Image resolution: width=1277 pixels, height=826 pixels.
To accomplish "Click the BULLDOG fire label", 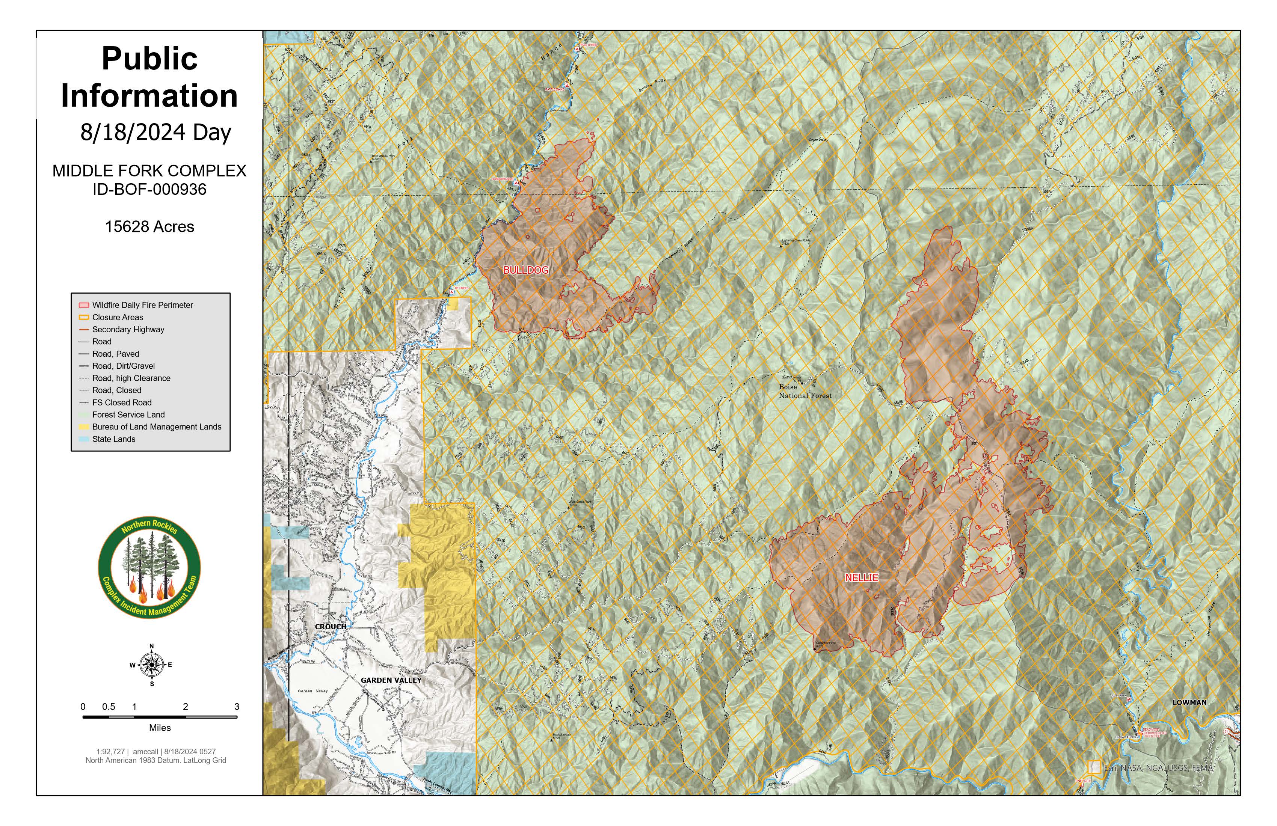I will tap(526, 270).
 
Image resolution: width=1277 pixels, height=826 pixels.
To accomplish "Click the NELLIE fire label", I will tap(861, 578).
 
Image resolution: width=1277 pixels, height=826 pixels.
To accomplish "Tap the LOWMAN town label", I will tap(1189, 702).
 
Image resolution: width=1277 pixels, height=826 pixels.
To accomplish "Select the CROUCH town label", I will tap(330, 627).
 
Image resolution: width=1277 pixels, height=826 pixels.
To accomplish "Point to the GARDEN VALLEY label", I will tap(391, 680).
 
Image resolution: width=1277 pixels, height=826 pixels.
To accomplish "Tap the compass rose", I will tap(152, 665).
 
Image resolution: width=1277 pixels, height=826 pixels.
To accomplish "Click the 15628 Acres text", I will tap(150, 227).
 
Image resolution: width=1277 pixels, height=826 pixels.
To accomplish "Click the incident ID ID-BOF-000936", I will tap(150, 189).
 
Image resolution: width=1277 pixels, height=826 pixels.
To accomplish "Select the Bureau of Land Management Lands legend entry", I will tap(156, 427).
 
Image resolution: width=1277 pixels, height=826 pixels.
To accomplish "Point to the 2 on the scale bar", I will tap(186, 707).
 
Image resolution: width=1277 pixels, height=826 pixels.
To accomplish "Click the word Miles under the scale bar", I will tap(160, 728).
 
